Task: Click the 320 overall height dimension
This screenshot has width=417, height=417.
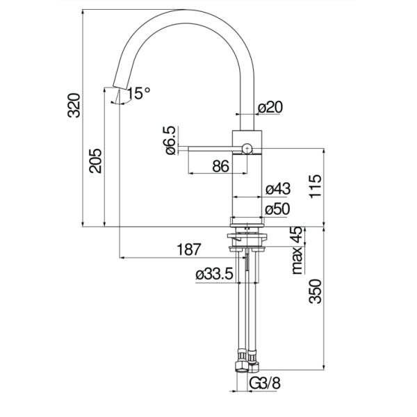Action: pos(74,106)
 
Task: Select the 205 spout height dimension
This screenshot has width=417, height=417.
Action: pos(95,161)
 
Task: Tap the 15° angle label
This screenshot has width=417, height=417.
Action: pos(138,93)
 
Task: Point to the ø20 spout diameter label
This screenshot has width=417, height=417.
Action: pos(270,107)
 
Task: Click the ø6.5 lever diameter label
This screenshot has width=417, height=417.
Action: pos(170,140)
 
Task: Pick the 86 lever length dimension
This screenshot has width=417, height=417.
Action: pos(220,166)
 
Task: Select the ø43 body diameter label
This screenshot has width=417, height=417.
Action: pos(278,189)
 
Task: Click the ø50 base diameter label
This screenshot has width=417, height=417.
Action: pos(277,208)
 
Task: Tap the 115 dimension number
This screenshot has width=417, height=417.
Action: pos(315,186)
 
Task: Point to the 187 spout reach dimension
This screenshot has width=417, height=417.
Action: pos(188,250)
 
